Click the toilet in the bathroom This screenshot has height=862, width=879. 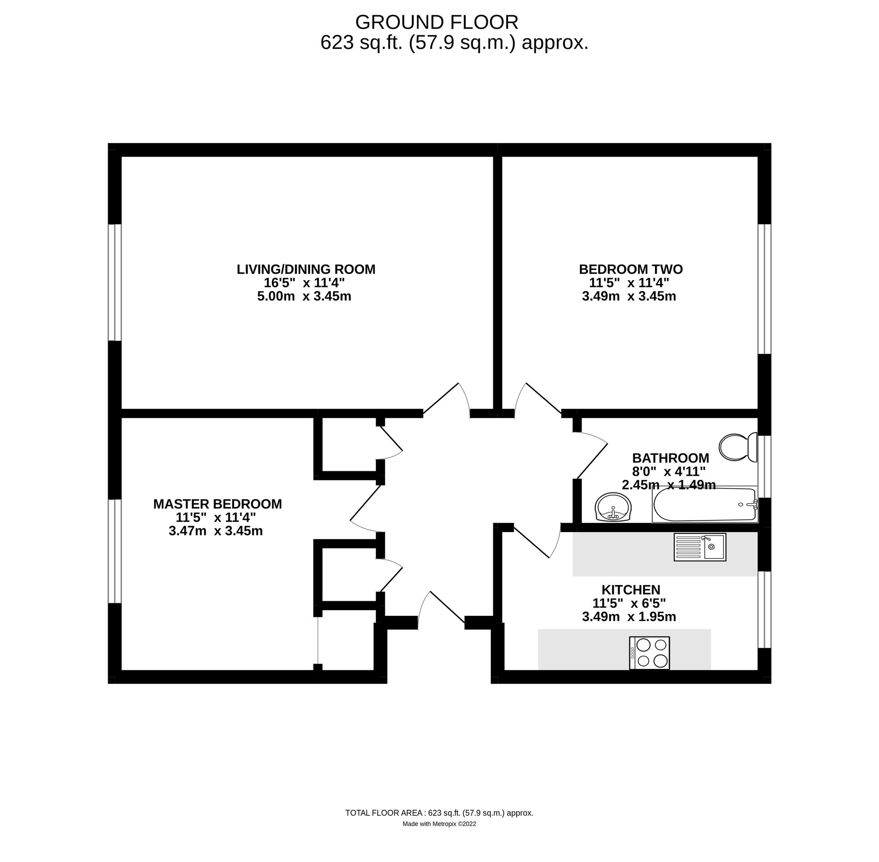[x=738, y=447]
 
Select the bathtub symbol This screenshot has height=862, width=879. [x=704, y=505]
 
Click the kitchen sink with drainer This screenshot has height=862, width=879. [x=699, y=547]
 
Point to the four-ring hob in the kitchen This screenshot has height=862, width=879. [x=649, y=653]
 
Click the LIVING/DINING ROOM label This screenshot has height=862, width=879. [x=306, y=270]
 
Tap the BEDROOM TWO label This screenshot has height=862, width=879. [x=631, y=270]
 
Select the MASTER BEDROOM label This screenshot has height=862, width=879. [x=217, y=504]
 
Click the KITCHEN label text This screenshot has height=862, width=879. [x=631, y=590]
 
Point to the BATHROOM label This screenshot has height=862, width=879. [x=670, y=458]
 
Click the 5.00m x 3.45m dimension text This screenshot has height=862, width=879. [x=304, y=296]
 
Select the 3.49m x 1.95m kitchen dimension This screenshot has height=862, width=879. [x=629, y=617]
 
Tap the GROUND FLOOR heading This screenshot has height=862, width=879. [x=436, y=23]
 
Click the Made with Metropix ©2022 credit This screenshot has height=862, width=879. [x=439, y=824]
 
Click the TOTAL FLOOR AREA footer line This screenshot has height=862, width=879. [x=439, y=813]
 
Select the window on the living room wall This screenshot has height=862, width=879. [x=114, y=283]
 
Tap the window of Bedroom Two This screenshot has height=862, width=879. [x=764, y=289]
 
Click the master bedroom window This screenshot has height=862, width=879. [x=114, y=551]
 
